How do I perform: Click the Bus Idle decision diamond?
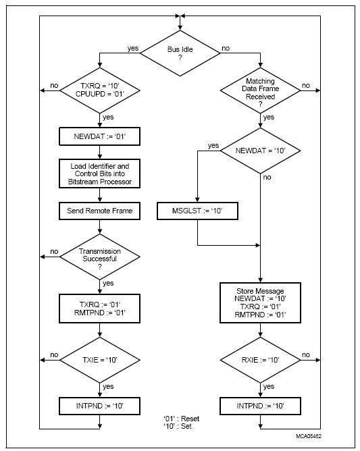[x=180, y=53]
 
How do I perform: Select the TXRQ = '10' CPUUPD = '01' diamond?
[x=99, y=90]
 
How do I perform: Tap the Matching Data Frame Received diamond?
[x=260, y=90]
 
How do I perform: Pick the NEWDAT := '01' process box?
[x=99, y=136]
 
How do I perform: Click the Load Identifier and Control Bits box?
[x=99, y=174]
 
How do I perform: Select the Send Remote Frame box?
[x=99, y=211]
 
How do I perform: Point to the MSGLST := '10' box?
[x=197, y=211]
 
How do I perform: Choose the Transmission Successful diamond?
[x=99, y=257]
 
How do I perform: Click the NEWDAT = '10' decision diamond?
[x=260, y=151]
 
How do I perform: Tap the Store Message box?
[x=260, y=303]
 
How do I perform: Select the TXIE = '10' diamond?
[x=99, y=360]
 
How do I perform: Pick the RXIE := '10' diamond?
[x=260, y=360]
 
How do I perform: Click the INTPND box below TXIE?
[x=99, y=406]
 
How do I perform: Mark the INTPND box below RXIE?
[x=260, y=406]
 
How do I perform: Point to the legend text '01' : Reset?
[x=181, y=419]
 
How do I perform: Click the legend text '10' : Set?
[x=178, y=426]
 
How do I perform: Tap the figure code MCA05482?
[x=309, y=436]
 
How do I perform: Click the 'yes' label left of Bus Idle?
[x=133, y=49]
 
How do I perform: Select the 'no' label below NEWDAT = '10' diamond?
[x=267, y=177]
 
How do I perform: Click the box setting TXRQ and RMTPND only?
[x=99, y=309]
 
